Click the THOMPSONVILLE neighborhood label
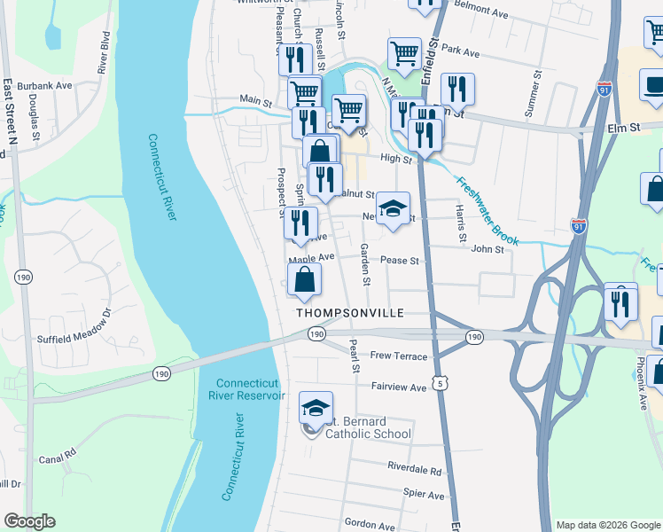tap(349, 313)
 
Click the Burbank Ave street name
tap(49, 86)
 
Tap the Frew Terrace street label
tap(399, 356)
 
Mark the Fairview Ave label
tap(398, 387)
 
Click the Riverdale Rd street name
tap(414, 467)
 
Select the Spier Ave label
tap(423, 495)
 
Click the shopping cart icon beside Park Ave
tap(404, 52)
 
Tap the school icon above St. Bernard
tap(316, 407)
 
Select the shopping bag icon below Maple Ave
tap(304, 278)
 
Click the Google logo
tap(29, 521)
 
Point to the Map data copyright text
tap(608, 524)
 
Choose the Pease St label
tap(399, 261)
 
